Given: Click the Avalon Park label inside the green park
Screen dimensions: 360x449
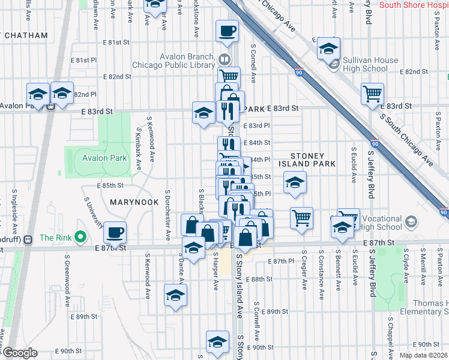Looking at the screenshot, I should (x=104, y=158).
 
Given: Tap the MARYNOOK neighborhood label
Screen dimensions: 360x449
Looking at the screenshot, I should (x=134, y=203).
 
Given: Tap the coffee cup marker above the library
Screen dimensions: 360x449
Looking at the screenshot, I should (x=227, y=32).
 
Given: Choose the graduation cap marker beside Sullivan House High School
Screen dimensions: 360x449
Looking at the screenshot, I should (x=328, y=48).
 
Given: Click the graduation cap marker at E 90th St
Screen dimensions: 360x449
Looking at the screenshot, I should (x=217, y=342).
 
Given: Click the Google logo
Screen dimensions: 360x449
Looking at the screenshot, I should (x=19, y=352).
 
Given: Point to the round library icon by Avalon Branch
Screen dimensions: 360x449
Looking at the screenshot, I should (x=224, y=59).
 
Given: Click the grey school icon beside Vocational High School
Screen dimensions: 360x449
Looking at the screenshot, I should (x=411, y=223).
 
